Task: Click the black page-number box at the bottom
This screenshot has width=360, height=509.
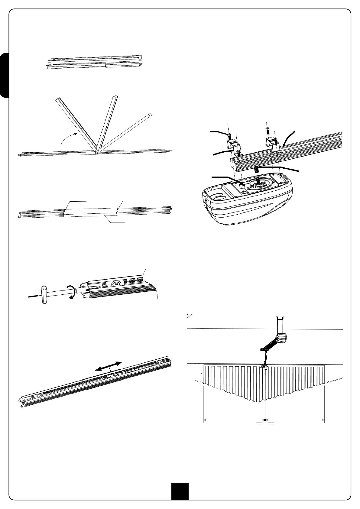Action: [180, 491]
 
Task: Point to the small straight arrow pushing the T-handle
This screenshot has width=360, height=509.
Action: [33, 297]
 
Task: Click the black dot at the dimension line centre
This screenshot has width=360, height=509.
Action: [265, 420]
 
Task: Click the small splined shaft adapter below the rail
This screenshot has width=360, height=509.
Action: [257, 170]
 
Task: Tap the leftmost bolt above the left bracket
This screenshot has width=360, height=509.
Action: [230, 135]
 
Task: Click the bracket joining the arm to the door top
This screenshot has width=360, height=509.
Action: [264, 366]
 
